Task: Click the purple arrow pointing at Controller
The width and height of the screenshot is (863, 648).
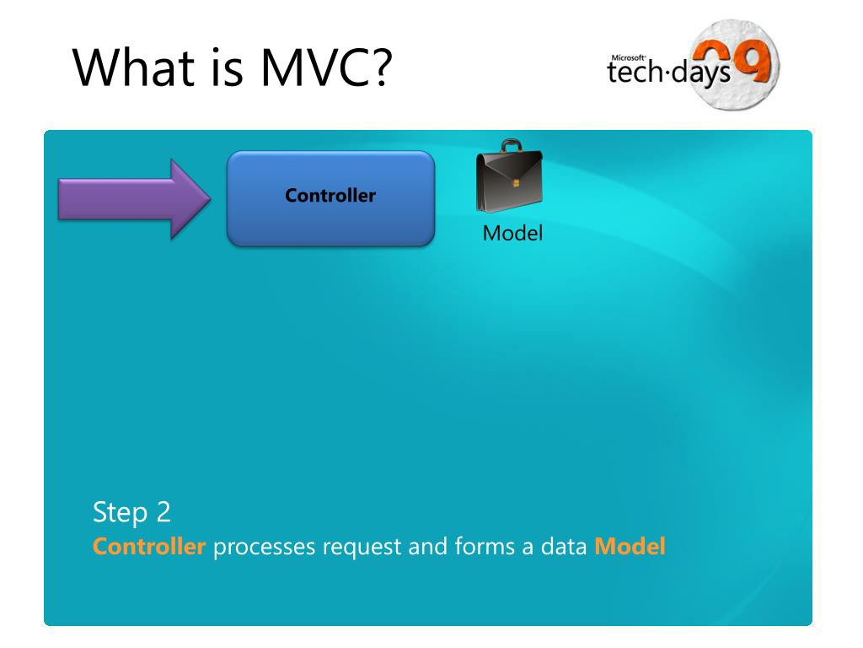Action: (x=134, y=199)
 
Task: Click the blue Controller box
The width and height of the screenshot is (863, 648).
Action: (x=330, y=198)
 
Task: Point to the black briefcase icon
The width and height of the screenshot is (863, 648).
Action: (x=509, y=175)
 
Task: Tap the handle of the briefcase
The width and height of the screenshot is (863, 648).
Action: (x=512, y=145)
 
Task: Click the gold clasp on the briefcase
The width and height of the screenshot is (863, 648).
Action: (x=517, y=183)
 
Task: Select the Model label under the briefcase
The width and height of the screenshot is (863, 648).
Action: (x=512, y=233)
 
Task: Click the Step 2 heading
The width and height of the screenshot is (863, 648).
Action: (x=131, y=513)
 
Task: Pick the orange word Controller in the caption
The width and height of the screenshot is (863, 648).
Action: (x=149, y=546)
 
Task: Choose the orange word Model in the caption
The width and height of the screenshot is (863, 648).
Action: (x=630, y=546)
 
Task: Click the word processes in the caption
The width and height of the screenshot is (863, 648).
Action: (x=264, y=548)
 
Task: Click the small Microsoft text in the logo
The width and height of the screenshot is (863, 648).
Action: (x=628, y=57)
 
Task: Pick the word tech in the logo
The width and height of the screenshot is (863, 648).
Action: (x=634, y=73)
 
